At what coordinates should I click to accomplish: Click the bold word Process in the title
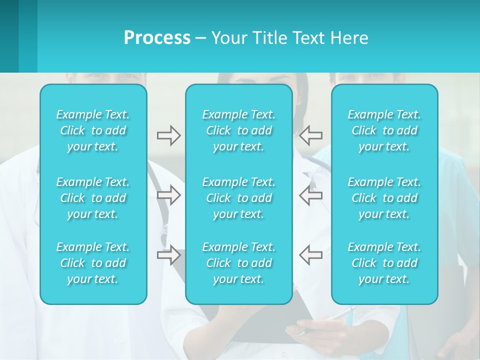[x=157, y=38]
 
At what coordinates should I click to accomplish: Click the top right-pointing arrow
[x=168, y=135]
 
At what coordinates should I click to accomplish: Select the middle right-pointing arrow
[x=168, y=195]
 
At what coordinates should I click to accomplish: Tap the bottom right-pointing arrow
[x=168, y=254]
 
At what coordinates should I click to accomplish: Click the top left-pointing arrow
[x=310, y=135]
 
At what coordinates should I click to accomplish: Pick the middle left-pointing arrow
[x=310, y=195]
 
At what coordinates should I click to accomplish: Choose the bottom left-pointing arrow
[x=310, y=254]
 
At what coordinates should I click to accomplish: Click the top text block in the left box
[x=93, y=130]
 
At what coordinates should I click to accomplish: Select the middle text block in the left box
[x=93, y=198]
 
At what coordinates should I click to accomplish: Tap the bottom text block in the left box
[x=93, y=263]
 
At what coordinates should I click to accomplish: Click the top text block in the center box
[x=238, y=130]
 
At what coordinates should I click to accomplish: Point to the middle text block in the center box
[x=238, y=198]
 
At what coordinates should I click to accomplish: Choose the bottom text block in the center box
[x=238, y=263]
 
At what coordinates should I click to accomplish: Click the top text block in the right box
[x=384, y=130]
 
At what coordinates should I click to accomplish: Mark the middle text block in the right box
[x=384, y=198]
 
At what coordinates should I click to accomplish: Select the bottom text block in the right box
[x=384, y=263]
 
